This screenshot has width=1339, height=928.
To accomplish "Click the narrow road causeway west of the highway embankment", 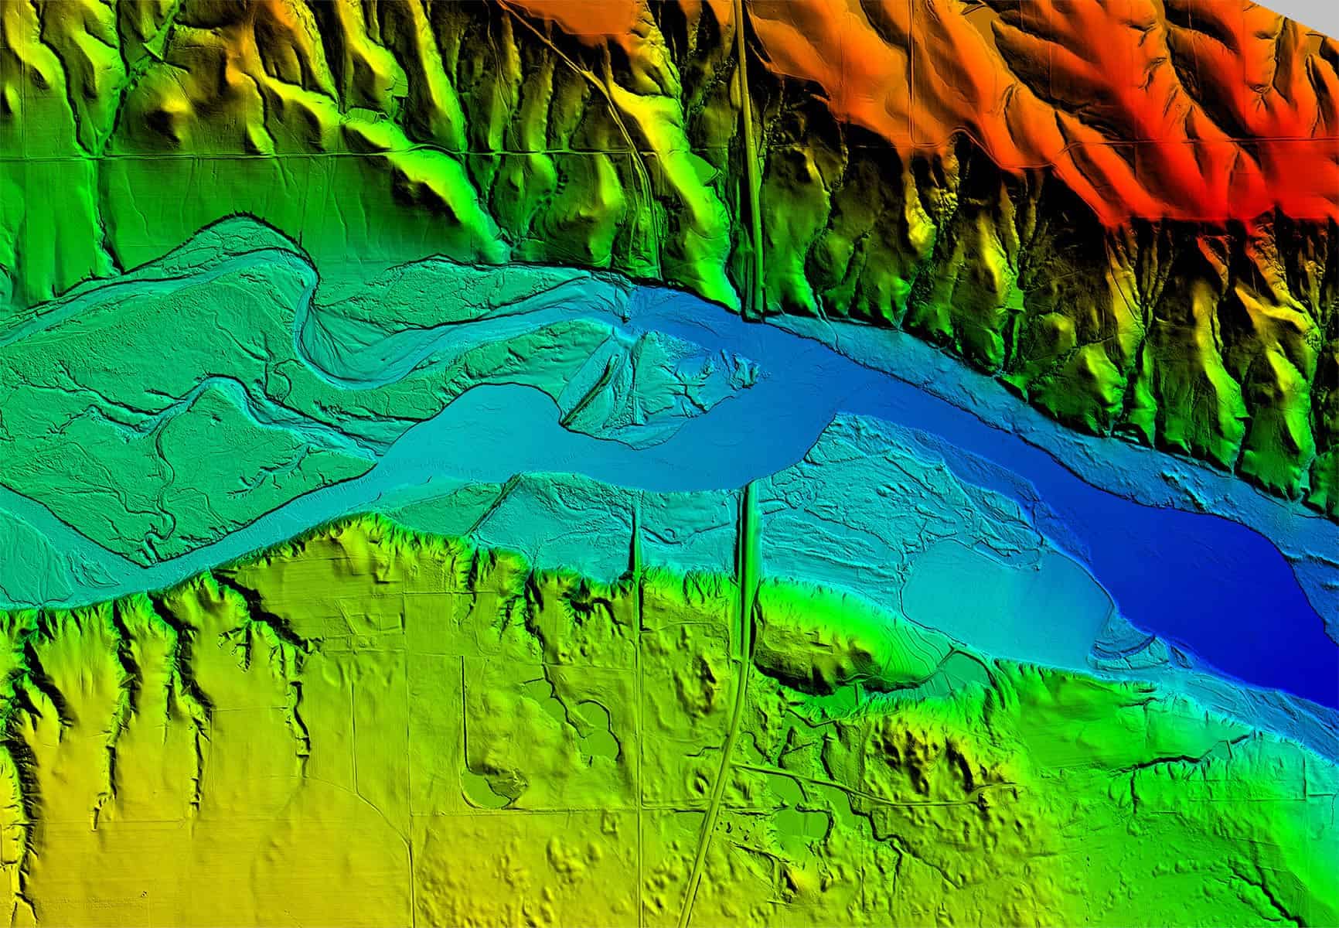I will [638, 541].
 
